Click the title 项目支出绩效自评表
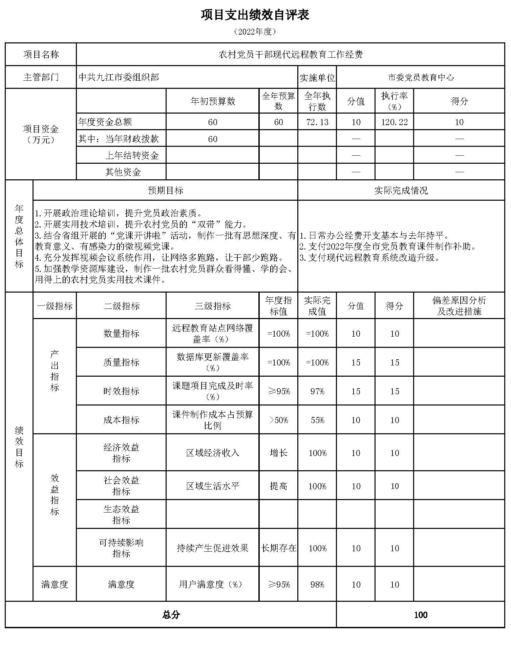click(255, 15)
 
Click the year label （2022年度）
click(255, 32)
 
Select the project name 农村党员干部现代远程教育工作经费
click(291, 54)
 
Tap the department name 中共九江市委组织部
click(119, 77)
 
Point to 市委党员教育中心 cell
click(421, 77)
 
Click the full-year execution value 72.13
click(317, 122)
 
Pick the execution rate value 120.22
click(394, 122)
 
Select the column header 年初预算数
click(213, 101)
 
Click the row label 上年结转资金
click(132, 155)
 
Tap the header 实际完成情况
click(401, 190)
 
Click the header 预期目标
click(166, 190)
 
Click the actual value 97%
click(317, 391)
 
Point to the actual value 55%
click(317, 420)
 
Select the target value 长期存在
click(278, 548)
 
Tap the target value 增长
click(278, 453)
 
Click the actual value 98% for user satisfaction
click(317, 584)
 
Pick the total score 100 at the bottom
click(421, 615)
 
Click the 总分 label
click(171, 615)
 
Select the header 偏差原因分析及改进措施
click(459, 305)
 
